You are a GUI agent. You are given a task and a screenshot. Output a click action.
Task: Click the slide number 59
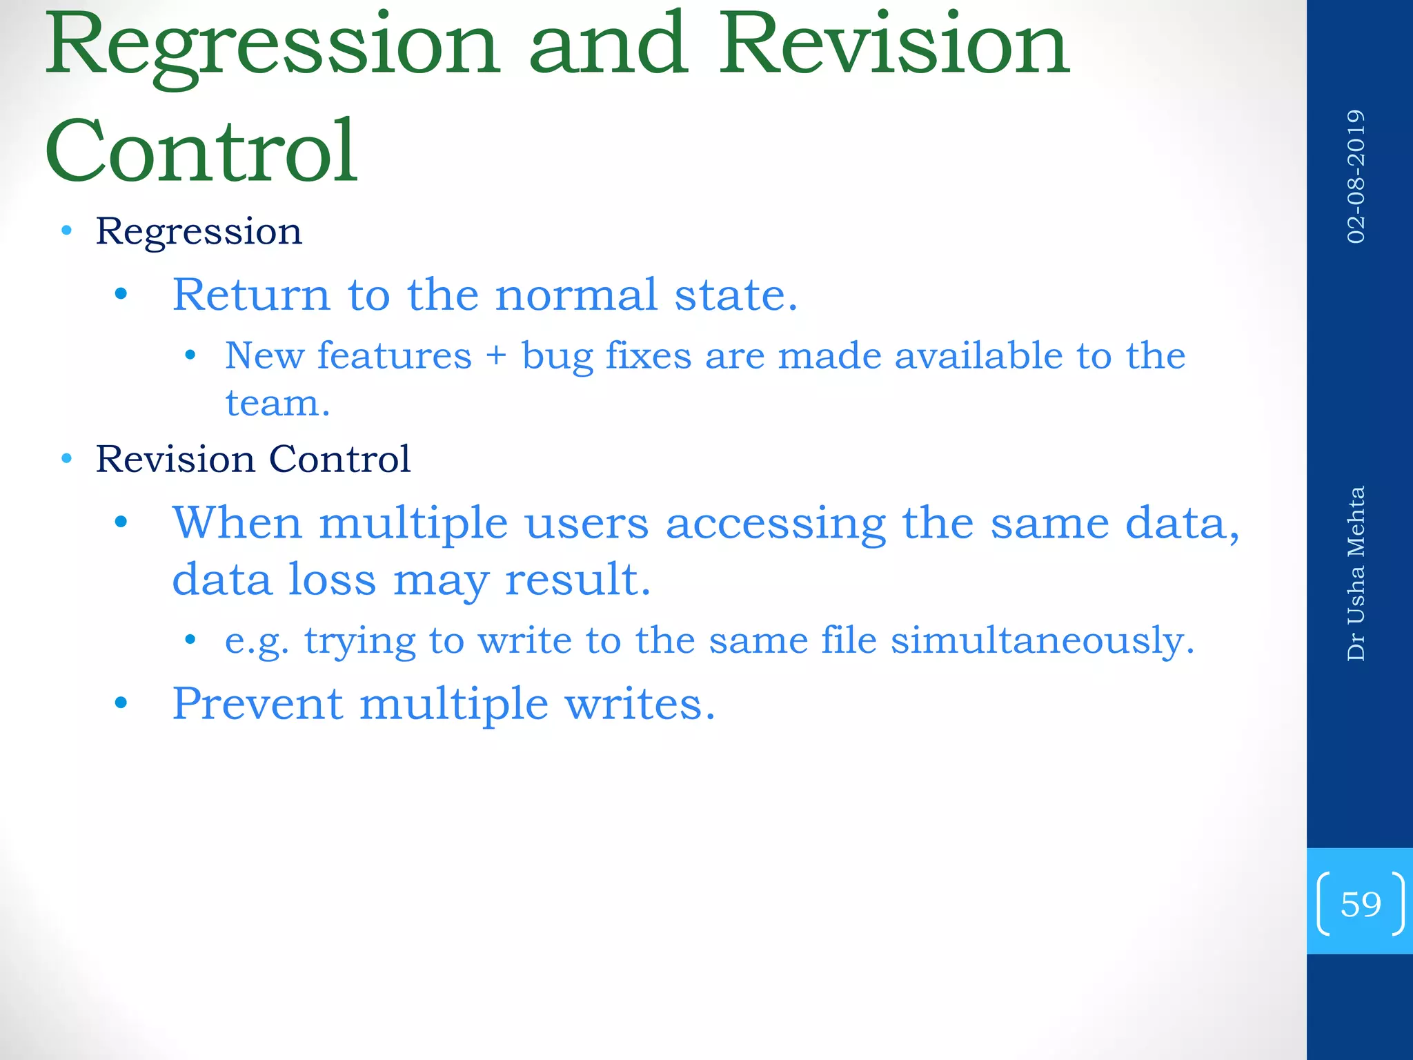[x=1360, y=903]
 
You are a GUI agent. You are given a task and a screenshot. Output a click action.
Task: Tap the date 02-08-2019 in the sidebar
[x=1356, y=177]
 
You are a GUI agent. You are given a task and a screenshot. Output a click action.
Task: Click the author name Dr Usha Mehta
[x=1356, y=573]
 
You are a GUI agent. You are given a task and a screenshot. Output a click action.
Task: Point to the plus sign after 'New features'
[x=496, y=357]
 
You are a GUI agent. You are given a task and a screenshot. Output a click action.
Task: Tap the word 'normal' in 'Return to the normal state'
[x=576, y=295]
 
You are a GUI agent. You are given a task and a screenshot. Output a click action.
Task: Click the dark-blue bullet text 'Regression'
[x=199, y=232]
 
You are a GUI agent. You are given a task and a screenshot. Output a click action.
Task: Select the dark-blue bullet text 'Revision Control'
[x=253, y=459]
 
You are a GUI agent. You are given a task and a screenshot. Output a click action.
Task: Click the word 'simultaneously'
[x=1042, y=641]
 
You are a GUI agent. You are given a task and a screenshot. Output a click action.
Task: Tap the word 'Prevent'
[x=257, y=704]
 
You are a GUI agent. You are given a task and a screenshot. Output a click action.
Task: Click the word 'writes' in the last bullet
[x=639, y=704]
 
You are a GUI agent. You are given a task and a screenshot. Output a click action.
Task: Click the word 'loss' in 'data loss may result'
[x=332, y=579]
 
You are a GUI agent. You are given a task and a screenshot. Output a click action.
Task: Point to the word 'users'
[x=587, y=523]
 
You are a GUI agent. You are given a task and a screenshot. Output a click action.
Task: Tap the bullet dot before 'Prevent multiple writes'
[x=121, y=704]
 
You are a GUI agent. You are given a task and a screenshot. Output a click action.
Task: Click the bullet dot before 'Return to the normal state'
[x=121, y=295]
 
